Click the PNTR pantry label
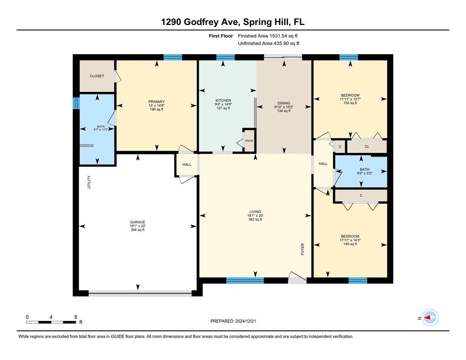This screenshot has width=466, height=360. tap(249, 141)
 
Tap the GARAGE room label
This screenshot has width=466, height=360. tap(137, 222)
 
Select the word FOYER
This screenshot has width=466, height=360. tap(303, 249)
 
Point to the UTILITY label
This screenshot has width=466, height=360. tap(89, 182)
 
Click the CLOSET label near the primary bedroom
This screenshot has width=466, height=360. tap(97, 76)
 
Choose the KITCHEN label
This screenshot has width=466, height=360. tap(223, 101)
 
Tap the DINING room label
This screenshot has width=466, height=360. tap(284, 103)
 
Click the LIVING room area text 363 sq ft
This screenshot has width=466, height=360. tap(255, 219)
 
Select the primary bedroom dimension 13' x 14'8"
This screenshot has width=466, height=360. tap(157, 106)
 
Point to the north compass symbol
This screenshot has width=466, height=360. tap(430, 318)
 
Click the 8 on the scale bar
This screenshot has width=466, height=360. tap(76, 317)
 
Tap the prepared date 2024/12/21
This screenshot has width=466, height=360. tap(245, 321)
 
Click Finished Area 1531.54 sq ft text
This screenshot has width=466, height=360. tap(268, 36)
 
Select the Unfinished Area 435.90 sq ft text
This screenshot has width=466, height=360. tap(268, 43)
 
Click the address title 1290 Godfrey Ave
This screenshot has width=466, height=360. tap(201, 22)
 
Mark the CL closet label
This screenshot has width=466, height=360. tap(367, 147)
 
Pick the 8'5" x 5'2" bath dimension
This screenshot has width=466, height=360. tap(365, 173)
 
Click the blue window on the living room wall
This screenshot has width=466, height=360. tap(245, 280)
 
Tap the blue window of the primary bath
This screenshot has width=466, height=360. tap(76, 103)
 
